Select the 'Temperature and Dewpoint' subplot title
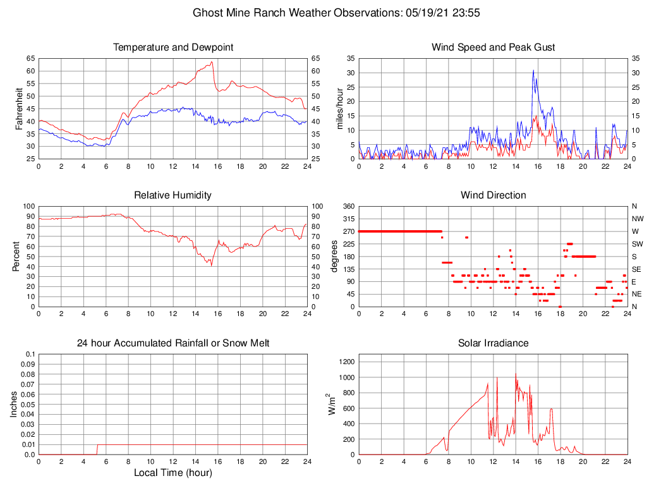click(x=173, y=47)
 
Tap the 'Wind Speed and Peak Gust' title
click(x=493, y=47)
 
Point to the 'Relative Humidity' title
click(x=173, y=195)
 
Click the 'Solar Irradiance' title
click(x=493, y=343)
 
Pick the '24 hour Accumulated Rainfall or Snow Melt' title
click(x=173, y=343)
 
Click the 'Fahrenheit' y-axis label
click(x=19, y=108)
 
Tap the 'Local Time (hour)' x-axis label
click(x=173, y=472)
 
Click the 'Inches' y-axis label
click(x=14, y=404)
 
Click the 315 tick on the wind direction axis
click(x=348, y=219)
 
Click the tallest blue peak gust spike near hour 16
click(x=533, y=70)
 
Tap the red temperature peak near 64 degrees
click(x=212, y=62)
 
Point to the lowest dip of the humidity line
click(x=211, y=265)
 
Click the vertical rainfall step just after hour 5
click(x=97, y=449)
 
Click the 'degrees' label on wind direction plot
click(x=334, y=256)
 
